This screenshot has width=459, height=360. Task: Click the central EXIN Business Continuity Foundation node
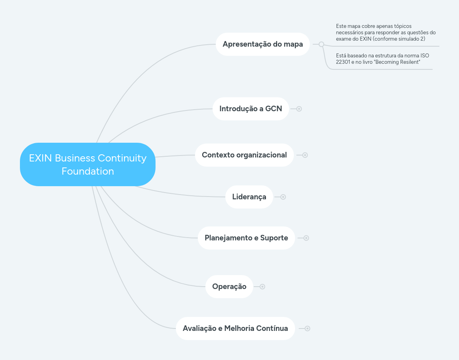87,164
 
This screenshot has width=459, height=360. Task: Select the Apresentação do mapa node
262,44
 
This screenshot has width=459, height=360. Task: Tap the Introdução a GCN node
250,108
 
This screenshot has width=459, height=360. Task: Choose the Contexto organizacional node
244,155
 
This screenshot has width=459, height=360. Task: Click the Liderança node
249,197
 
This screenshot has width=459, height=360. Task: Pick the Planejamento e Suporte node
246,238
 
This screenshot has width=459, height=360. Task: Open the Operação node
229,287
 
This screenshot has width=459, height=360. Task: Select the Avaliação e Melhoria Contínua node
235,329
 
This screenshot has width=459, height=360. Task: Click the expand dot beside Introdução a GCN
299,109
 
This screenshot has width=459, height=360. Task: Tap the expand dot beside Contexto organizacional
305,155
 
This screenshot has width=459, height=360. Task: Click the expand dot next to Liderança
283,197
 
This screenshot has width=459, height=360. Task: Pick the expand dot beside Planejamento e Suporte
306,238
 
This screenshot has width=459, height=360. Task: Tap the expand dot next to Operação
262,287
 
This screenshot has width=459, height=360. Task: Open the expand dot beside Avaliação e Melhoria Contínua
307,329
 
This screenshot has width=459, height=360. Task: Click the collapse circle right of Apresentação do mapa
321,44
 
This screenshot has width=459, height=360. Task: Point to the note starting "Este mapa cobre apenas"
385,33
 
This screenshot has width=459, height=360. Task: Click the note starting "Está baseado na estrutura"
382,59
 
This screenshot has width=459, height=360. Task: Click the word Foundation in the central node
88,171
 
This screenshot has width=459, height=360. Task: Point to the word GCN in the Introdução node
274,108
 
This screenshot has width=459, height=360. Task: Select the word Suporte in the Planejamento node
274,238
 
